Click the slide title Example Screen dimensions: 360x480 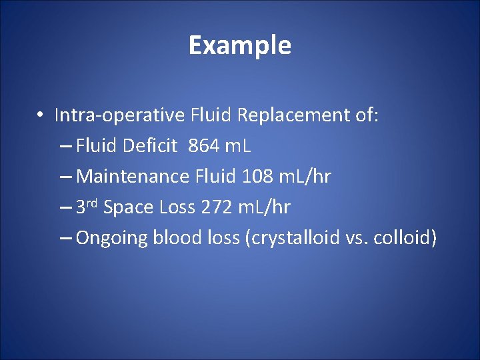239,45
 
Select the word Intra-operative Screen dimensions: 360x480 119,115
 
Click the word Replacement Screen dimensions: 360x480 292,115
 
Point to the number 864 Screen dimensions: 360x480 203,146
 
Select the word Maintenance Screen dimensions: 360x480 133,177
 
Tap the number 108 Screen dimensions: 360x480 257,177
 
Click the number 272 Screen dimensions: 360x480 215,207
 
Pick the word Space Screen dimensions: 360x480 129,207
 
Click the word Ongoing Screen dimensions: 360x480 112,239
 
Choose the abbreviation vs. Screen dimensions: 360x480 357,239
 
